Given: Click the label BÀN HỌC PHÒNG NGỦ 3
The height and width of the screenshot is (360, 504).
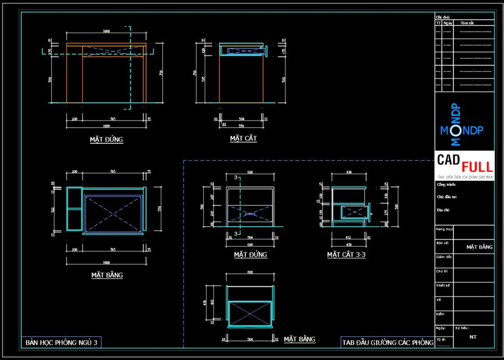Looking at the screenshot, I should coord(62,343).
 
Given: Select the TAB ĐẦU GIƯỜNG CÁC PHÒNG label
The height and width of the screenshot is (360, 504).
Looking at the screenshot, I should coord(388,343).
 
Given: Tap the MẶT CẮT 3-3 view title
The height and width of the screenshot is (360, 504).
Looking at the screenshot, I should coord(346,255).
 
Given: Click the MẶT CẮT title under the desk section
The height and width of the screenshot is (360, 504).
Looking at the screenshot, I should coord(244,138).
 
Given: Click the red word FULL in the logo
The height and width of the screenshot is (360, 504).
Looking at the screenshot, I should coord(477,165).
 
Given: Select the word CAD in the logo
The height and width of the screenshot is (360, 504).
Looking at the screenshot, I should coord(448,159).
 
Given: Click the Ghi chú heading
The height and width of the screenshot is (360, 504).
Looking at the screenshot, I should coord(442,17).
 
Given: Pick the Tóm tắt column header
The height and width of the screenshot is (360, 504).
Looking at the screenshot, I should coord(467,23).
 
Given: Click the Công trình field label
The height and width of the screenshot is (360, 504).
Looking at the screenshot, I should coord(446,185).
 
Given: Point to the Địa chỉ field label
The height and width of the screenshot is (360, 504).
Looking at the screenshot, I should coord(443,209).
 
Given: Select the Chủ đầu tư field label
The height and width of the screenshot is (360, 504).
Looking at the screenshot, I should coord(447,197).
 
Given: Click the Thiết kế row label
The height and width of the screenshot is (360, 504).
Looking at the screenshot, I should coord(443,285).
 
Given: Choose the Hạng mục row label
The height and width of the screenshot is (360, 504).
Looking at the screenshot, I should coord(444,229).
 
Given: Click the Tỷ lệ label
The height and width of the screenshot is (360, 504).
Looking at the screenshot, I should coord(441,339).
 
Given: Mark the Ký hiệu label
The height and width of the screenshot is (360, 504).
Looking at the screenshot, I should coord(461,328).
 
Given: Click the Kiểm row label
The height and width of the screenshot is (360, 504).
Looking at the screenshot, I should coord(440,314).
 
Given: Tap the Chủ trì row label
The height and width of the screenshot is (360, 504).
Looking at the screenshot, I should coord(442,271).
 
